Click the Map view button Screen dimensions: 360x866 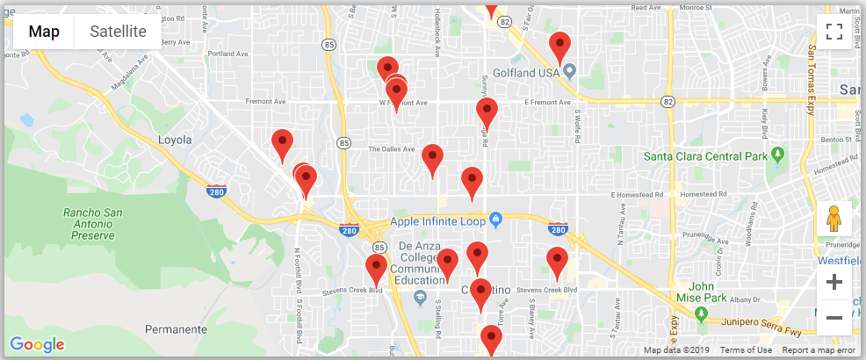[x=44, y=32]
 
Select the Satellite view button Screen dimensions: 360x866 [x=118, y=32]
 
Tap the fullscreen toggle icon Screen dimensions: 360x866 [x=834, y=32]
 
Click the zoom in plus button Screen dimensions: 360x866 [x=834, y=282]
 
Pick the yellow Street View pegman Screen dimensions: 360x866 [x=834, y=219]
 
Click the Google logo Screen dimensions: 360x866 [x=37, y=344]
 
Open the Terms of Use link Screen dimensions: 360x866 [x=746, y=350]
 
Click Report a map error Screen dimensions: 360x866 [x=819, y=350]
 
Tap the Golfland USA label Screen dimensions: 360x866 [x=526, y=72]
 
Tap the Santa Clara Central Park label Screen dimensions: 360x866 [x=706, y=157]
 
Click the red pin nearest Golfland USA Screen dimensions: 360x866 [x=559, y=46]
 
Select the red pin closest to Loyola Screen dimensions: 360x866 [x=282, y=143]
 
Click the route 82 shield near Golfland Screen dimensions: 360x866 [x=669, y=102]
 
